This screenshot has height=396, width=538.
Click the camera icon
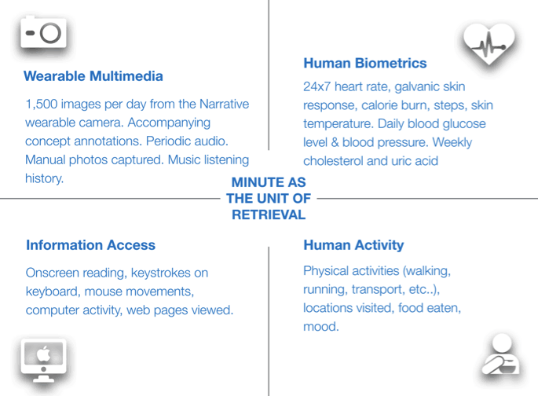[43, 32]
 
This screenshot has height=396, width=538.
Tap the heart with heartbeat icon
[489, 43]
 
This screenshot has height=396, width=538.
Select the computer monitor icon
[43, 361]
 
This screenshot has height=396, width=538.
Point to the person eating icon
[501, 354]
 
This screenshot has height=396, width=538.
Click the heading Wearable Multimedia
[93, 76]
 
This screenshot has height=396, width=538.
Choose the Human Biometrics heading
[365, 63]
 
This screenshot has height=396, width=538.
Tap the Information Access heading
[91, 245]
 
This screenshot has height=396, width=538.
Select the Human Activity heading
[353, 245]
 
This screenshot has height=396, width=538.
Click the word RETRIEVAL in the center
[269, 214]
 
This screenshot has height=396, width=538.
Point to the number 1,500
[42, 104]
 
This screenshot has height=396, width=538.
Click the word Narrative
[225, 104]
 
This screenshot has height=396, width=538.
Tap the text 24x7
[317, 86]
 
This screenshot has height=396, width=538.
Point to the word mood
[320, 327]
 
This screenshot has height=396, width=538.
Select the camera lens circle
[51, 33]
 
